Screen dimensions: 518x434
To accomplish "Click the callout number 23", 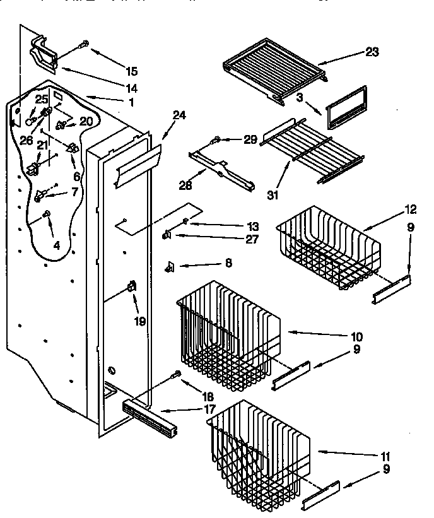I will point(372,52).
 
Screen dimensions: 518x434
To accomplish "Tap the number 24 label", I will point(180,115).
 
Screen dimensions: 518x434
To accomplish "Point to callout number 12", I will point(411,209).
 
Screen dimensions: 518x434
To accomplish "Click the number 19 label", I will point(139,321).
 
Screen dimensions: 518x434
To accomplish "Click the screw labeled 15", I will point(83,45).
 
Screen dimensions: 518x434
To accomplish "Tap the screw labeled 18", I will point(175,375).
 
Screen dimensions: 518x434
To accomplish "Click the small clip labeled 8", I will point(170,267).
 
